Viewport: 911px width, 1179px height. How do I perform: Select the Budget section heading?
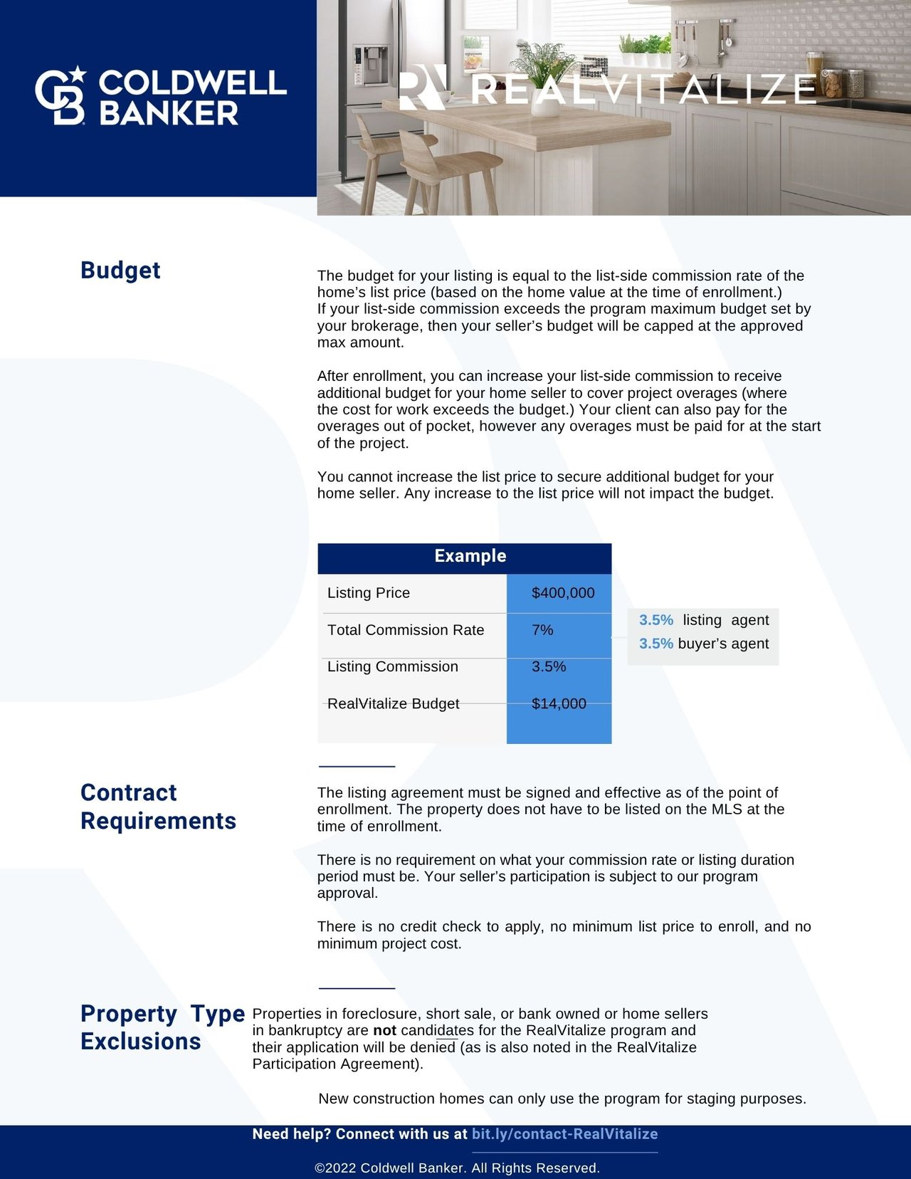tap(120, 271)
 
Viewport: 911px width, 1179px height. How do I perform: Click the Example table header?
tap(470, 556)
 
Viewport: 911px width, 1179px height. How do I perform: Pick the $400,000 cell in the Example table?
tap(562, 593)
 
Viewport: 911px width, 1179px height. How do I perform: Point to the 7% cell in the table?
tap(542, 630)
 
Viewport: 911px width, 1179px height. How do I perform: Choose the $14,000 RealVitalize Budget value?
tap(559, 703)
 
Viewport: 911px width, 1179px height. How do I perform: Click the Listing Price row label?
tap(368, 593)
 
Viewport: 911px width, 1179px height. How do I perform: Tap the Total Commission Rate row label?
tap(405, 630)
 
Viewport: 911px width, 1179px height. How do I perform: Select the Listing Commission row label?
tap(392, 666)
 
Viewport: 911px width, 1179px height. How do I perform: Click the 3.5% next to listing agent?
tap(655, 620)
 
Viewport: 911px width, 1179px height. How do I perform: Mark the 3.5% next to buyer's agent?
tap(655, 644)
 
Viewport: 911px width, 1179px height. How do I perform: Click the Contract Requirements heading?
tap(158, 807)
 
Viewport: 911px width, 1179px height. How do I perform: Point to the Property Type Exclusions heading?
tap(162, 1027)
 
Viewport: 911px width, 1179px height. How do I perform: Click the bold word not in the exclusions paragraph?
tap(384, 1030)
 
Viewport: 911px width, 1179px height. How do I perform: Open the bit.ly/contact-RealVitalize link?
tap(564, 1134)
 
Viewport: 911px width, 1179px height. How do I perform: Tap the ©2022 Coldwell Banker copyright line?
tap(457, 1168)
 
